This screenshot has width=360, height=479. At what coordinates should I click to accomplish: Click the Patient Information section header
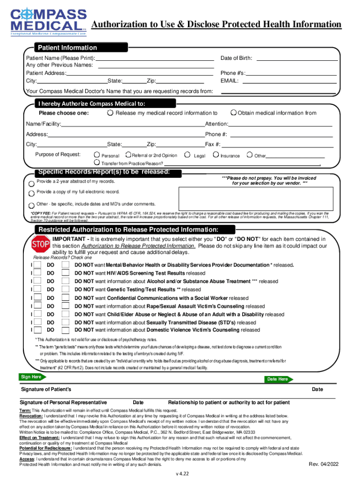pos(67,48)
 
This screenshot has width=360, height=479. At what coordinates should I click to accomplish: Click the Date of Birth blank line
pos(297,58)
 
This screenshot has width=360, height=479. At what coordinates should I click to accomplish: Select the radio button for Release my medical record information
pos(110,113)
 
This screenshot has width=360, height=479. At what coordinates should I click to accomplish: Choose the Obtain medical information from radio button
pos(233,113)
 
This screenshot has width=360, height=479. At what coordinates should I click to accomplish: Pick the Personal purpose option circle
pos(96,155)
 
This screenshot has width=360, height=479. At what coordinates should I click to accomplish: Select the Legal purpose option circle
pos(187,154)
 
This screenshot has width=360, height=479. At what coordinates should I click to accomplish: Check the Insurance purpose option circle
pos(216,154)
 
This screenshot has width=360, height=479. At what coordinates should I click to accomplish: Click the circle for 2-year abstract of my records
pos(31,183)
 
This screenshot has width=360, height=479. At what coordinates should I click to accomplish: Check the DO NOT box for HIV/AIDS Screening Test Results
pos(66,273)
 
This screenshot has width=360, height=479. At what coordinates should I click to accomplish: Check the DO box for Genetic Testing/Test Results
pos(37,290)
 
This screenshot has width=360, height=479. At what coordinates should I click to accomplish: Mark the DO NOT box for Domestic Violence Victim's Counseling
pos(66,330)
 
